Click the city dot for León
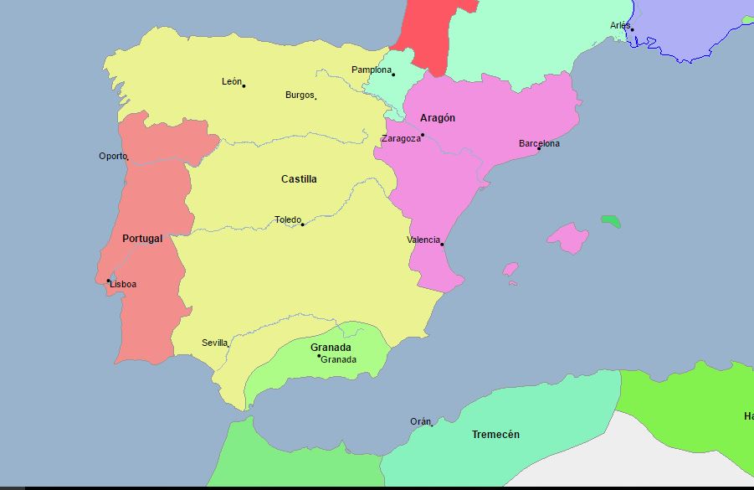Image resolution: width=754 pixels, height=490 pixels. coord(244,85)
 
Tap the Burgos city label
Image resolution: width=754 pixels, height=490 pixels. coord(299,95)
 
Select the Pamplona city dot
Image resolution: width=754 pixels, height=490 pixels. coord(393,75)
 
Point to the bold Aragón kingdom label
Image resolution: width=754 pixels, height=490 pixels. coord(438,118)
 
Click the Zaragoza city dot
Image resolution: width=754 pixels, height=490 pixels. coord(423,135)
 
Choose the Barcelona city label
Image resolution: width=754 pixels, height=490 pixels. coord(539,143)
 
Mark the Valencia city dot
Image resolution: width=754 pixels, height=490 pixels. coord(442,245)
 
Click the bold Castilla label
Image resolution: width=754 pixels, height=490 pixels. coord(299,178)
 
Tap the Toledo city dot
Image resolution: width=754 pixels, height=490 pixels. coord(303,224)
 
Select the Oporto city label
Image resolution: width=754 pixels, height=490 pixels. coord(112,156)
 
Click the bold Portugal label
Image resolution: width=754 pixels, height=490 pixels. coord(142,239)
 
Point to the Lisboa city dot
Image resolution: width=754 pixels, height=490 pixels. coord(108,281)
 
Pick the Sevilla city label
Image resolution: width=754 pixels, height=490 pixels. coord(214,343)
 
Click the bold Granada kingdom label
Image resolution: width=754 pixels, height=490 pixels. coord(331,347)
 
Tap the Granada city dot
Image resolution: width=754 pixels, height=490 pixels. coord(319,357)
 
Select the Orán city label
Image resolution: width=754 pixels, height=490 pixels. coord(420,421)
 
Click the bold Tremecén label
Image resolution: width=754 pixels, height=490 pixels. coord(495,435)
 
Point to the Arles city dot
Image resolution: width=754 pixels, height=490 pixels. coord(632,30)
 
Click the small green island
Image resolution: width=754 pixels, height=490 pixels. coord(611,221)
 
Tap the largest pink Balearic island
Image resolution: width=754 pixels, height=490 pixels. coord(568,237)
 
